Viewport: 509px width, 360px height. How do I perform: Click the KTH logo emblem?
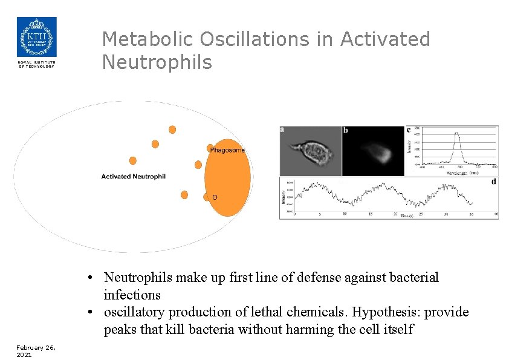pyautogui.click(x=36, y=37)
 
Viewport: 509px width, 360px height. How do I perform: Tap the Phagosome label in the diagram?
pyautogui.click(x=227, y=150)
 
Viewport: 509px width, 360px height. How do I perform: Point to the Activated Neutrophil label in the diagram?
pyautogui.click(x=133, y=177)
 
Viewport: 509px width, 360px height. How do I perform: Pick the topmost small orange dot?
pyautogui.click(x=172, y=129)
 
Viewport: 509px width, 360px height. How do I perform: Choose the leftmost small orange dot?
pyautogui.click(x=133, y=161)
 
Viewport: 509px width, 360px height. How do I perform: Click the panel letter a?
pyautogui.click(x=282, y=129)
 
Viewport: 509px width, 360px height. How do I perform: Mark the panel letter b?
pyautogui.click(x=345, y=130)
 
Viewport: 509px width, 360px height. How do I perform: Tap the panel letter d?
pyautogui.click(x=494, y=181)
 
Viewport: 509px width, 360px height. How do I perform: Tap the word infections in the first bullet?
pyautogui.click(x=132, y=295)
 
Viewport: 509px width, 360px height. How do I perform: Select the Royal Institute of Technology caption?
pyautogui.click(x=36, y=64)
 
